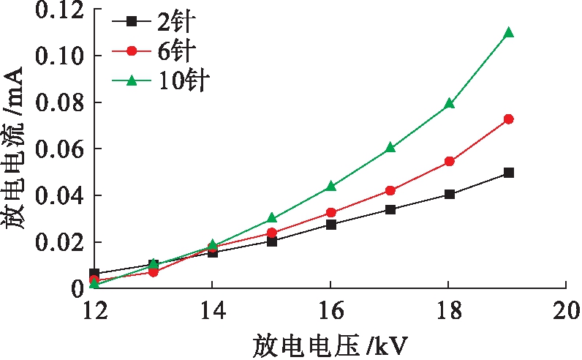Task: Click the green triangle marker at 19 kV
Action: (x=508, y=33)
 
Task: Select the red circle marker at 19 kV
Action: (x=508, y=119)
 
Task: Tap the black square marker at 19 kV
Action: (x=508, y=173)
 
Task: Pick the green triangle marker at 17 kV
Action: (x=390, y=147)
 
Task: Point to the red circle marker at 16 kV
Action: (x=330, y=212)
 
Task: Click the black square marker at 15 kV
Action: (x=271, y=241)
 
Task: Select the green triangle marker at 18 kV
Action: (x=449, y=104)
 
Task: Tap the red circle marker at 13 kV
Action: (x=154, y=271)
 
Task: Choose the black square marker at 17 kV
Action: (x=390, y=209)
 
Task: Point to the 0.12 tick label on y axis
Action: (x=56, y=10)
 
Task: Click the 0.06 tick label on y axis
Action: (x=56, y=149)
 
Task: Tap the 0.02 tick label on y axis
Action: (x=56, y=242)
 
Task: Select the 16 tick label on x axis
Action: (x=330, y=310)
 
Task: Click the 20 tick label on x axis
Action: (x=566, y=310)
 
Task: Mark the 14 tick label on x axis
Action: (x=212, y=310)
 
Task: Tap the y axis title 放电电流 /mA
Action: (x=16, y=150)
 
